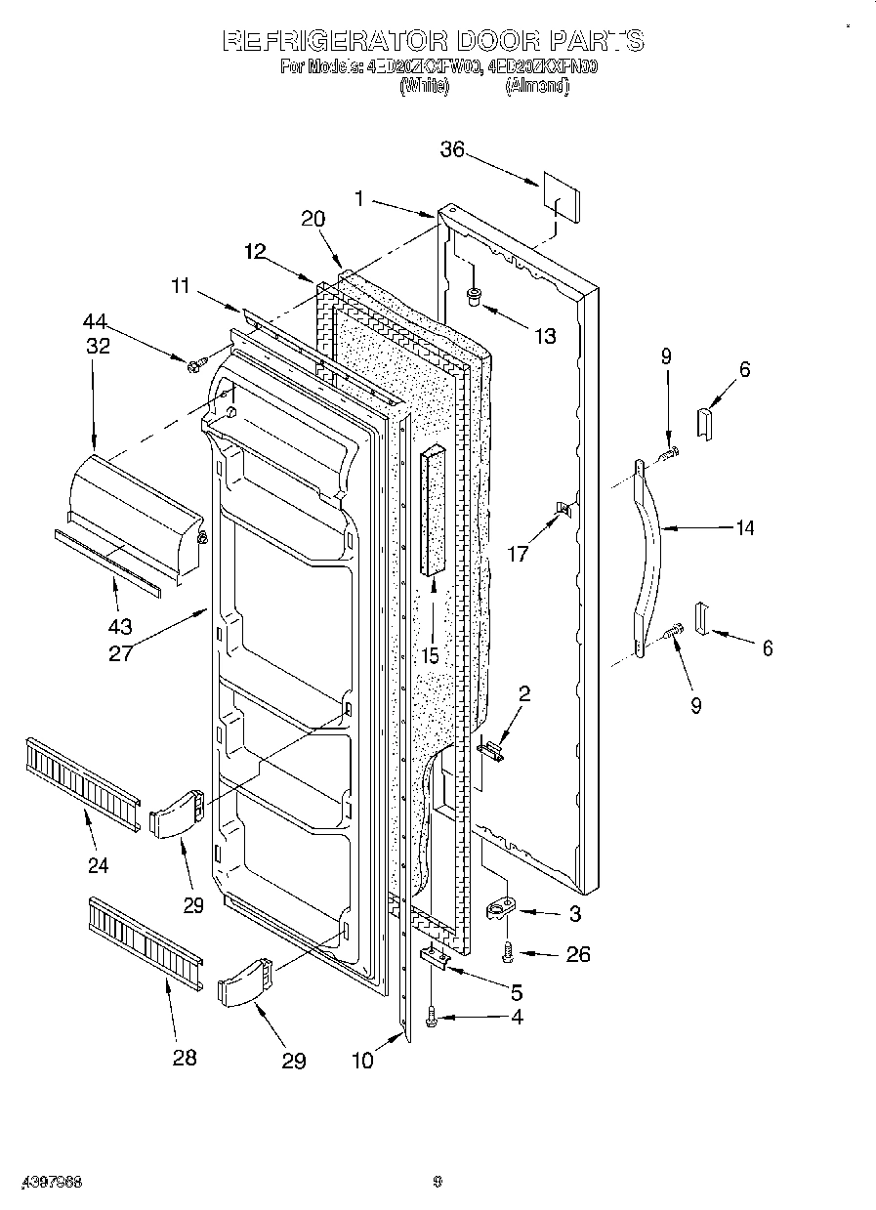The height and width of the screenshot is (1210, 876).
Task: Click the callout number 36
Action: point(452,149)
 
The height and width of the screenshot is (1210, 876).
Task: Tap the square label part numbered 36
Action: point(561,198)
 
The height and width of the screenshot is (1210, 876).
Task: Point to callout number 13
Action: point(544,336)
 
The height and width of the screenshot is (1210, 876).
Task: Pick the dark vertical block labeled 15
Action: point(433,512)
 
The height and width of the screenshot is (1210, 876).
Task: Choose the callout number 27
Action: point(120,653)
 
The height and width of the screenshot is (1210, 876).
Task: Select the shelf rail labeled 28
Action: point(146,939)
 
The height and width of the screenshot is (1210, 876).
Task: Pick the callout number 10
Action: point(362,1061)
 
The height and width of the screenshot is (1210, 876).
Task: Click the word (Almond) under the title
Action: point(536,87)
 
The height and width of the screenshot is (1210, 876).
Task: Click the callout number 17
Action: point(518,555)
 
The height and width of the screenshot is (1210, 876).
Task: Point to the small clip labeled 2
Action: point(492,750)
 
